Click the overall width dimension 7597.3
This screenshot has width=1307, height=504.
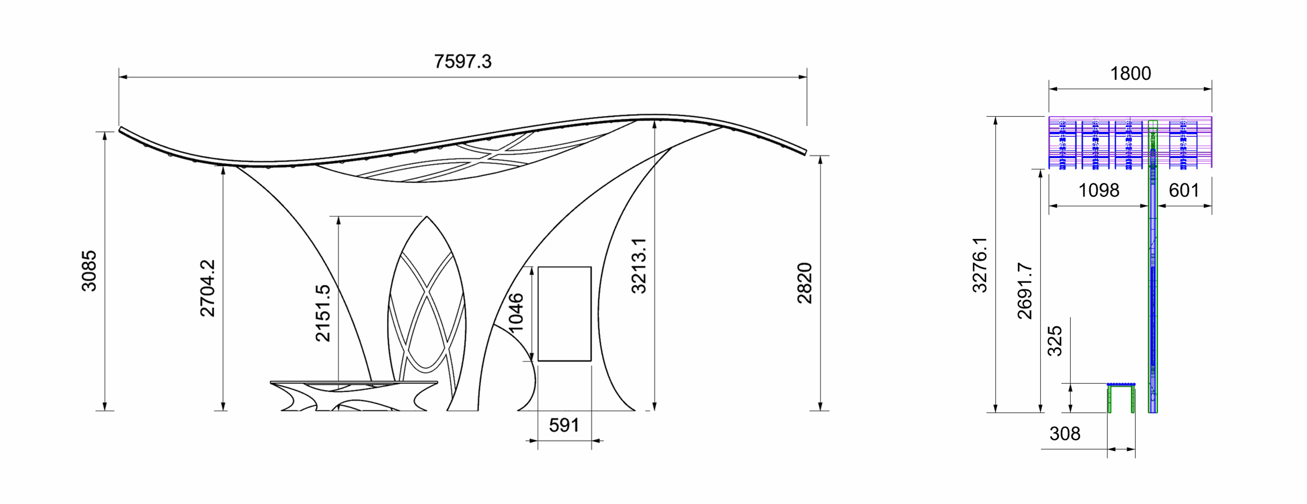(x=463, y=61)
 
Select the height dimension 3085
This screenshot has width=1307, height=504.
(x=89, y=271)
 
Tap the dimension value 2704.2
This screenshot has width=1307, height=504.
(x=207, y=288)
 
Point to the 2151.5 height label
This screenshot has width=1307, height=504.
(x=323, y=313)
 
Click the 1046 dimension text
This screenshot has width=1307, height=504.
(x=515, y=312)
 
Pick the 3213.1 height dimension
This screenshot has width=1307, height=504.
(x=639, y=266)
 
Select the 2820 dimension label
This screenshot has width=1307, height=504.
(x=805, y=283)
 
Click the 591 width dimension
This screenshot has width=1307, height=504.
(x=564, y=425)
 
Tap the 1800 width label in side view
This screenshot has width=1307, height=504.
(x=1130, y=73)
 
